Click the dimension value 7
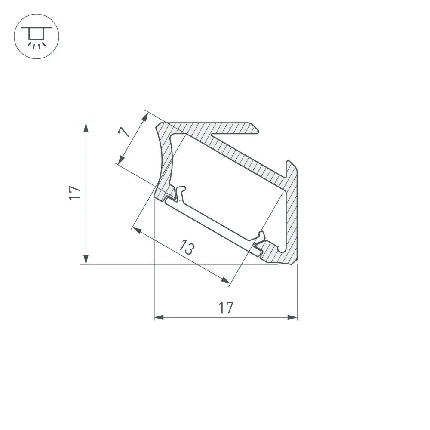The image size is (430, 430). click(124, 132)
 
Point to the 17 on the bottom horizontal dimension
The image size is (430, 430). click(225, 308)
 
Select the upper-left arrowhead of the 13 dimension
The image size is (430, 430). click(137, 230)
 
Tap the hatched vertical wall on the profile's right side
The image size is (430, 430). click(292, 211)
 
